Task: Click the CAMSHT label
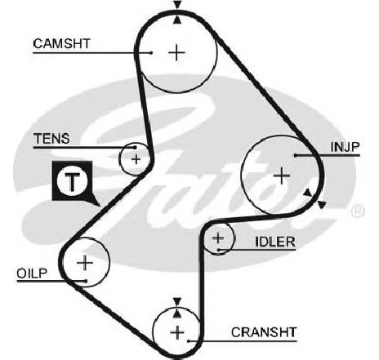pyautogui.click(x=61, y=43)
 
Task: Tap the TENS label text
pyautogui.click(x=51, y=139)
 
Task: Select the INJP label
pyautogui.click(x=345, y=147)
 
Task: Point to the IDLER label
pyautogui.click(x=275, y=242)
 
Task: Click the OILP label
pyautogui.click(x=32, y=273)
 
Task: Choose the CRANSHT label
pyautogui.click(x=264, y=332)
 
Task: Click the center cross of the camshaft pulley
pyautogui.click(x=177, y=52)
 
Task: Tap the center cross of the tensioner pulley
pyautogui.click(x=136, y=159)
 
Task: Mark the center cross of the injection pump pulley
pyautogui.click(x=282, y=176)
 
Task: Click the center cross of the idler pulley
pyautogui.click(x=218, y=238)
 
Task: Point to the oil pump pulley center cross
pyautogui.click(x=85, y=263)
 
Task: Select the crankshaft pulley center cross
pyautogui.click(x=177, y=332)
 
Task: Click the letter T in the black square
pyautogui.click(x=72, y=180)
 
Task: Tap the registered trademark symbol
pyautogui.click(x=358, y=211)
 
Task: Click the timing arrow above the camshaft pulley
pyautogui.click(x=177, y=4)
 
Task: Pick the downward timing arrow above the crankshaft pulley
pyautogui.click(x=177, y=301)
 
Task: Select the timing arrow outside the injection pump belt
pyautogui.click(x=322, y=205)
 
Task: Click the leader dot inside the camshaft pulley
pyautogui.click(x=151, y=52)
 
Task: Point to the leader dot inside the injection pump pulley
pyautogui.click(x=296, y=155)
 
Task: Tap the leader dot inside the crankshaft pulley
pyautogui.click(x=189, y=340)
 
